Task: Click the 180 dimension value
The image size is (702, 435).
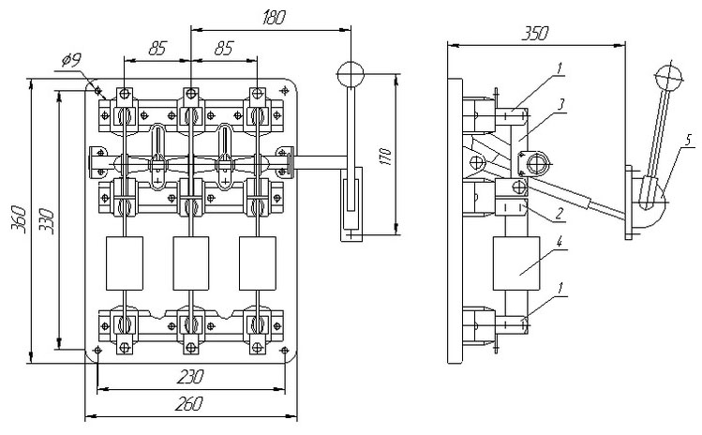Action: pos(273,18)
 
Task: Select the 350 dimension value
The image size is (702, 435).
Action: pos(534,34)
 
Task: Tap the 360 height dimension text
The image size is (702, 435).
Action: pos(19,219)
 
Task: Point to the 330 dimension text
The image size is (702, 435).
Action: pos(47,222)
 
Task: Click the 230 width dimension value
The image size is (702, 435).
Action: pos(190,376)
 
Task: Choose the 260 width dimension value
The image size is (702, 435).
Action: pos(189,404)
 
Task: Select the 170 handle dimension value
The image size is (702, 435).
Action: pos(385,156)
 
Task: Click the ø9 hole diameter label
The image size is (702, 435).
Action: pos(70,60)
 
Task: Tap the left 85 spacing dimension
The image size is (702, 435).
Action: pos(157,49)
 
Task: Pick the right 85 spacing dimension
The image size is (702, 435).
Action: pos(224,49)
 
